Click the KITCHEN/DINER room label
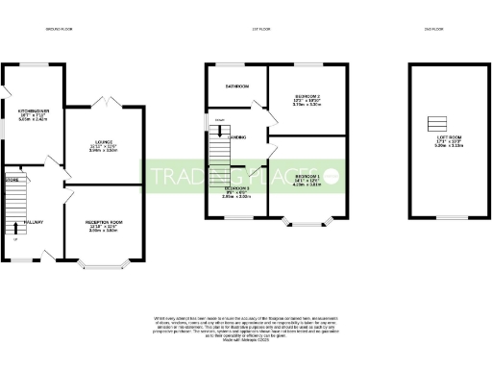click(x=33, y=111)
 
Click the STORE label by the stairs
click(x=12, y=180)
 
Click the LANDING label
click(x=236, y=137)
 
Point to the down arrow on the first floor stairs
click(x=220, y=121)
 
